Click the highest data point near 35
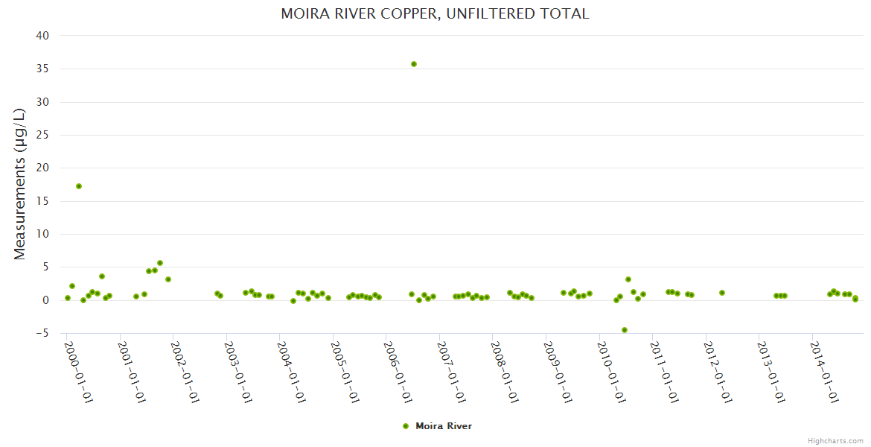[x=414, y=64]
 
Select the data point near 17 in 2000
[x=79, y=186]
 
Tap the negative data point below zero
[x=625, y=330]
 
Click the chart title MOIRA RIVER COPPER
[x=435, y=13]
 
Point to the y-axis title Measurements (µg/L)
[x=20, y=184]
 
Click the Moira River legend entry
[x=444, y=426]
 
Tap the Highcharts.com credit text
[x=835, y=440]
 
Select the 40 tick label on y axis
[x=42, y=36]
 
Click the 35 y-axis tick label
[x=42, y=69]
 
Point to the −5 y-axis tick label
[x=42, y=333]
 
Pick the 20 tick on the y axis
[x=42, y=168]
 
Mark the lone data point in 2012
[x=722, y=293]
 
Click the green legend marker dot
[x=406, y=426]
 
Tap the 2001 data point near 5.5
[x=160, y=263]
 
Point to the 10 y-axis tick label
[x=42, y=234]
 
